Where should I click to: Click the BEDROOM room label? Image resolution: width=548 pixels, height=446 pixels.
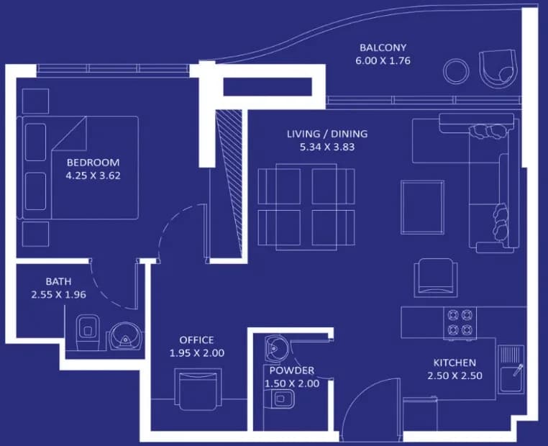93,162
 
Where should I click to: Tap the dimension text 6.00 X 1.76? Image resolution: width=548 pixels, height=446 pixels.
383,61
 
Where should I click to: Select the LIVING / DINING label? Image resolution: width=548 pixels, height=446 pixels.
327,134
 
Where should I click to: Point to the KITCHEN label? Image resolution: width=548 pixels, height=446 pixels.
455,363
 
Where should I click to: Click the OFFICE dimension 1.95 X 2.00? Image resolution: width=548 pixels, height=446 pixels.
197,353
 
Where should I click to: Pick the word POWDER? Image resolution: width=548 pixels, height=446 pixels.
292,370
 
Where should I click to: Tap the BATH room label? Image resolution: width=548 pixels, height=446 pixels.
58,281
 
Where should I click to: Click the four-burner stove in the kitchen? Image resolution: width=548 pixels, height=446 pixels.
460,323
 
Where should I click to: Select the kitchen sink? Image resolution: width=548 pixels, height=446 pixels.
511,369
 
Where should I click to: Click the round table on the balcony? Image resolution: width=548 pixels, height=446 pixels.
456,71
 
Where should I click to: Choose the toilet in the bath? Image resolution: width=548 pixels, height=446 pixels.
87,332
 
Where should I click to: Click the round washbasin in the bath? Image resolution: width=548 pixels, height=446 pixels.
126,336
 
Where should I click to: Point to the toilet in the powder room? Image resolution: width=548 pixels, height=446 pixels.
283,399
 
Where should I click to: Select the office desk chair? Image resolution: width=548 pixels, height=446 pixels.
198,389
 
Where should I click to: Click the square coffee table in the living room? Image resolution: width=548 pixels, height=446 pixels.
423,207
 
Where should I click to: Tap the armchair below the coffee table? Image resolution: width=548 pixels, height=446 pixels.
436,278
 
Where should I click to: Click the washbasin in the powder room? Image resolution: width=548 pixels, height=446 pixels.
276,347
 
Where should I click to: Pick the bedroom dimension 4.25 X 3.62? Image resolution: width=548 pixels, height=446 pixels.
93,176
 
